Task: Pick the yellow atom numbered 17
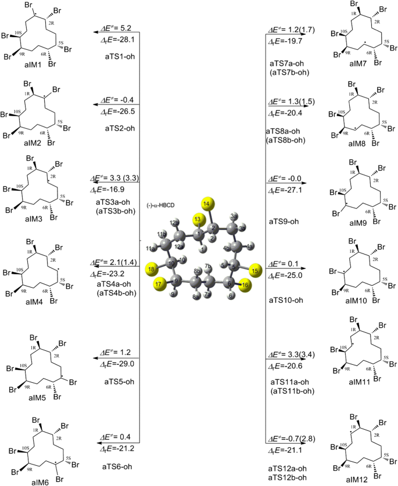pyautogui.click(x=160, y=284)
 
